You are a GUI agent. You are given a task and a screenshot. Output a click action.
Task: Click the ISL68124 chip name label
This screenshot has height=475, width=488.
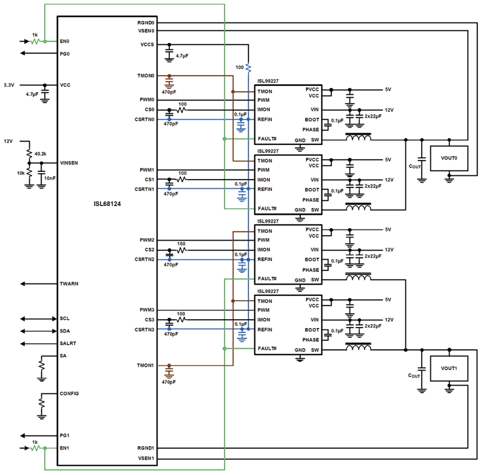click(107, 204)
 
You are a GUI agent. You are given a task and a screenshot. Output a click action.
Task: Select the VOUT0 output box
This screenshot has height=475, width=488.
click(449, 158)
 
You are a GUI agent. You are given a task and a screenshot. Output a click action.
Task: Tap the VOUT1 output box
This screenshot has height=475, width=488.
click(449, 368)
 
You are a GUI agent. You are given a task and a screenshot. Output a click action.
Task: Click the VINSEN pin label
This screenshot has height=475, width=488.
click(69, 163)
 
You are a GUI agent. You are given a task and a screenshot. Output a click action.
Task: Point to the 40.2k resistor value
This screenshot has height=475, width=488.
click(40, 154)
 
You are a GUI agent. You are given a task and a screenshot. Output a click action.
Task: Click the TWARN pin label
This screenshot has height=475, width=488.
click(69, 284)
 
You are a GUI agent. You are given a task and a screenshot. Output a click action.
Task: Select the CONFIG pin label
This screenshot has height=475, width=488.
click(69, 393)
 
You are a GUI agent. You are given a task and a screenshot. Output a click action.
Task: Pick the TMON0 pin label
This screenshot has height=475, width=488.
click(146, 76)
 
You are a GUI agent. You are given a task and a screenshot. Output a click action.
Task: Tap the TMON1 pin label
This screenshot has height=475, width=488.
click(145, 365)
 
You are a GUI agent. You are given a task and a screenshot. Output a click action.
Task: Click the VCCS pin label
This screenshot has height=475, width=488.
click(147, 45)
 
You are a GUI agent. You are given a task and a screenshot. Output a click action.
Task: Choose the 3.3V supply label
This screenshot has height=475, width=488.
click(9, 85)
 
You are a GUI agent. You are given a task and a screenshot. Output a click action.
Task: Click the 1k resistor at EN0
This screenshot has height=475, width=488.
click(35, 41)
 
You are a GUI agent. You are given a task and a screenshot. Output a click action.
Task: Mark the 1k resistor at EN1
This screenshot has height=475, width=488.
click(35, 448)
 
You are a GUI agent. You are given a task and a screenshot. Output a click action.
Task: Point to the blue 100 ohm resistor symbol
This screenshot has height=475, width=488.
click(248, 68)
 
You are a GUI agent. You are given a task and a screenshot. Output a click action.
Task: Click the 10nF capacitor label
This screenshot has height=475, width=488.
click(50, 178)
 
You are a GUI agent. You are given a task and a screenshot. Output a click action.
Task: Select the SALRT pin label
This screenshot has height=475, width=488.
click(68, 343)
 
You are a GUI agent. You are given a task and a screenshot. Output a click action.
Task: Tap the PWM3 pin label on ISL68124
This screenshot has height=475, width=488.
click(147, 310)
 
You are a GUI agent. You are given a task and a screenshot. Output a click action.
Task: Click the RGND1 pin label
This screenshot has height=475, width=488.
click(146, 448)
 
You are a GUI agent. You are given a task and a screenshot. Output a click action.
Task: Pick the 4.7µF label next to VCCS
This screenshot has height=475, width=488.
click(182, 56)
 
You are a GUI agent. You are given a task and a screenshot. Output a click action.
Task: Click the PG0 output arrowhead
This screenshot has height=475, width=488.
click(23, 53)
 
